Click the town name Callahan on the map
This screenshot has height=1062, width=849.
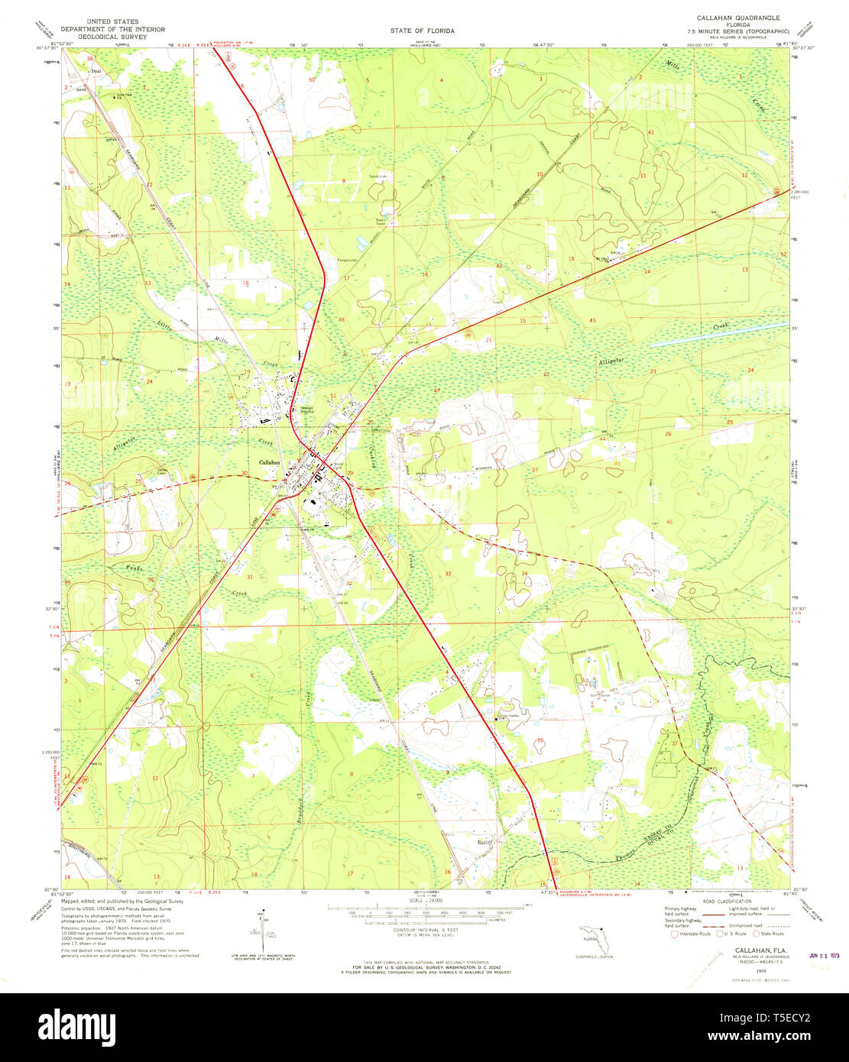point(270,462)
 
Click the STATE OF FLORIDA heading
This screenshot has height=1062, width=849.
point(422,31)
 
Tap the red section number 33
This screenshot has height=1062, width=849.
point(448,573)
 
